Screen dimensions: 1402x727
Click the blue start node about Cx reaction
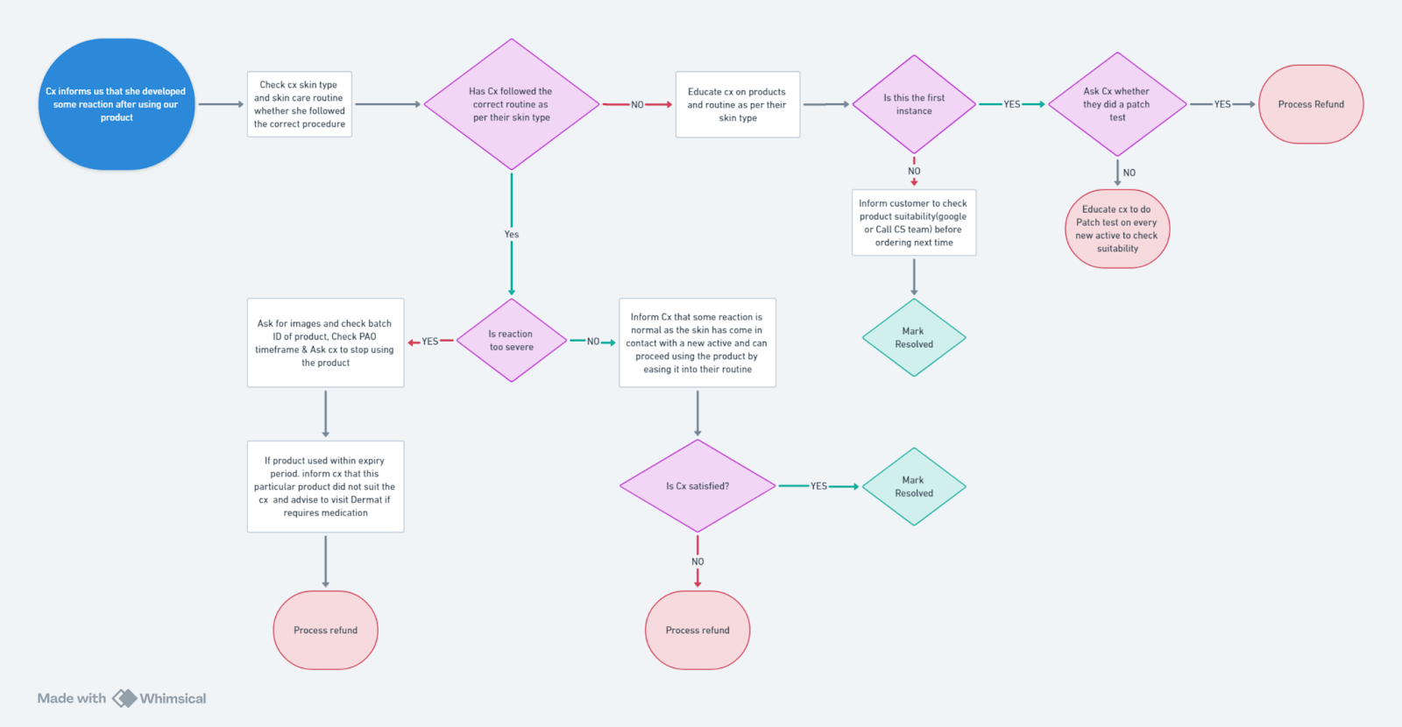117,104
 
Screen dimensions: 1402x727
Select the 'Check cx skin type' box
299,104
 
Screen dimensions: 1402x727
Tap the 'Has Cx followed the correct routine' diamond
512,104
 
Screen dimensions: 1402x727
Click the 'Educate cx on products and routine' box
737,104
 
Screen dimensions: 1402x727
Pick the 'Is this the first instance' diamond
914,104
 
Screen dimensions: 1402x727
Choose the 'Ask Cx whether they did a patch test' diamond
1117,104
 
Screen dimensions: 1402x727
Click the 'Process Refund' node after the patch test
1311,104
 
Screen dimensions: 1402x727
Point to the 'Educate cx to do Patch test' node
1117,229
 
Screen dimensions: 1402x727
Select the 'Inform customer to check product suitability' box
914,222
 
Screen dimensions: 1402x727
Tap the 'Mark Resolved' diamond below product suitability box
914,337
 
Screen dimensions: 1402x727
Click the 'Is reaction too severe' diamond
512,341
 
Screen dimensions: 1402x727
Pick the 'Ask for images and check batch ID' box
325,342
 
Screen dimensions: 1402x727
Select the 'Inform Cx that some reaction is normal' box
697,342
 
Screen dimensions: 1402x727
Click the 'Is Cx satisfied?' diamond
697,485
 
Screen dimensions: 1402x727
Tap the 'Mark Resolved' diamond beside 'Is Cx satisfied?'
914,486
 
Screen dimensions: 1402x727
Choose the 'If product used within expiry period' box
325,486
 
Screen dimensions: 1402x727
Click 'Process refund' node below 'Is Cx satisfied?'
697,630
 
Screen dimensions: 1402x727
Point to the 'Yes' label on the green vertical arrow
512,234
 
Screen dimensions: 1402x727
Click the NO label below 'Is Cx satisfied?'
697,561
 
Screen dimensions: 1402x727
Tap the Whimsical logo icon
124,698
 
